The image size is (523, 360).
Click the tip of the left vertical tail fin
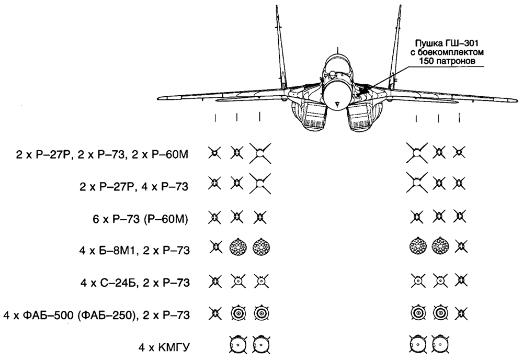(277, 6)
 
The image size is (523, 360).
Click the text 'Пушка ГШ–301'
(447, 43)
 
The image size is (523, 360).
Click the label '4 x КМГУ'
(164, 347)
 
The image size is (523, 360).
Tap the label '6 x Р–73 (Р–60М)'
(140, 220)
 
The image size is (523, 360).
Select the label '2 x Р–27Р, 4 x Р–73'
(134, 186)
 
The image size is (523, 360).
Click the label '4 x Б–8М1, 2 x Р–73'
(134, 250)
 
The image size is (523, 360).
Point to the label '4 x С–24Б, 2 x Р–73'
(135, 283)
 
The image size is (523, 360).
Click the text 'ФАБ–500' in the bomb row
(46, 316)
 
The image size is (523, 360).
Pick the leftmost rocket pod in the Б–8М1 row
(238, 248)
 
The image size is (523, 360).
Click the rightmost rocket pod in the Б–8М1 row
(440, 246)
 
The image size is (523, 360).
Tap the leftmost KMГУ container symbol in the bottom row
(238, 344)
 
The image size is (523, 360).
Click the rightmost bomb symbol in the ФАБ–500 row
(440, 312)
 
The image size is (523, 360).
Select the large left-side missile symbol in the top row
(260, 153)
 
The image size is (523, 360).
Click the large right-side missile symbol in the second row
(417, 183)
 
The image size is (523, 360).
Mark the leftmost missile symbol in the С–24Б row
(215, 281)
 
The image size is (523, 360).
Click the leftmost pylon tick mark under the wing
(215, 118)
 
